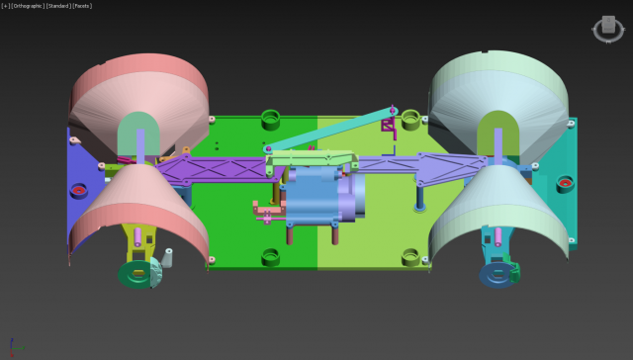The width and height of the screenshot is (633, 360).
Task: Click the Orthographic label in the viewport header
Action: point(27,5)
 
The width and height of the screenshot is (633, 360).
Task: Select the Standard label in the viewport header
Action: point(57,5)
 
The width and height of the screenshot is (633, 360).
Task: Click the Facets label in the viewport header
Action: point(82,5)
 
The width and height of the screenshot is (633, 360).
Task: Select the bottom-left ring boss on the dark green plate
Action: point(270,257)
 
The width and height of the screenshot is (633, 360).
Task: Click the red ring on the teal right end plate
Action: point(564,183)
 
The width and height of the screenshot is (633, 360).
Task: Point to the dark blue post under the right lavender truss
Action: point(421,197)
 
